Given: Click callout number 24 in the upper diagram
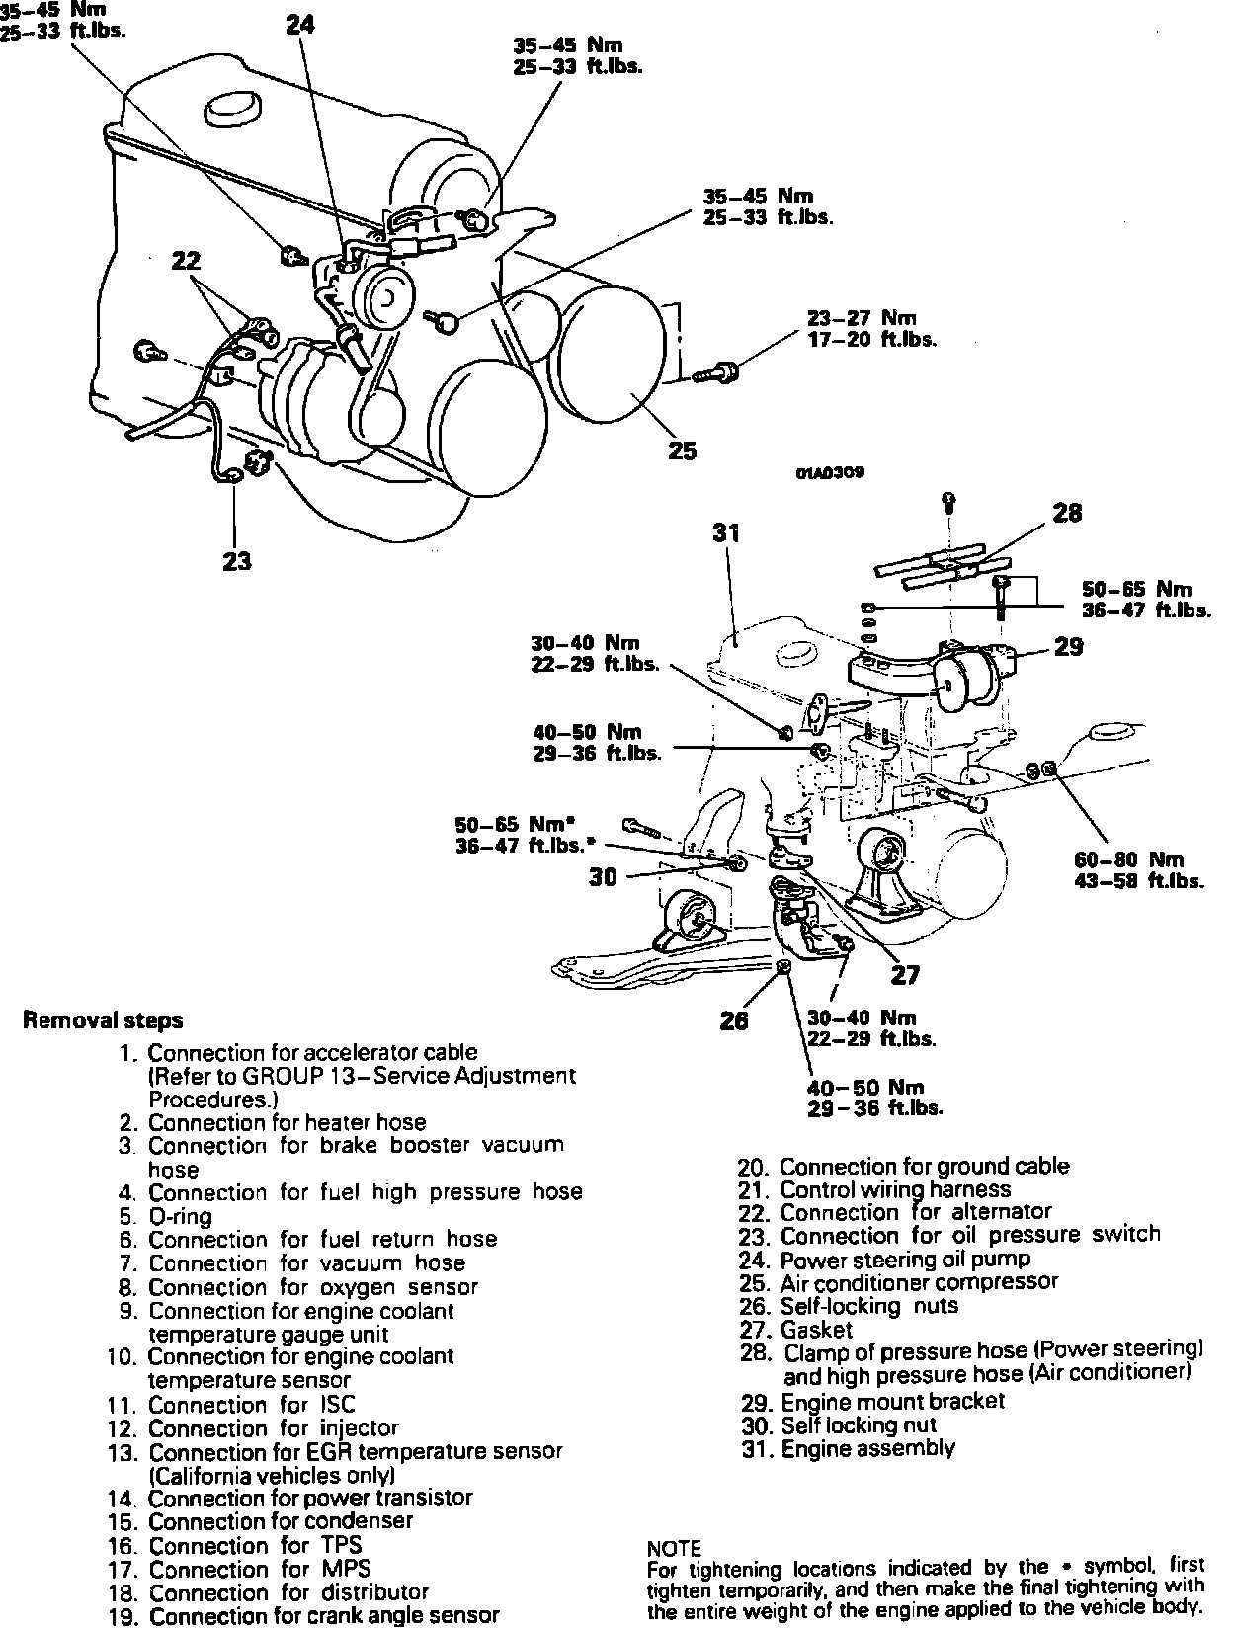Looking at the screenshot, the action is tap(300, 26).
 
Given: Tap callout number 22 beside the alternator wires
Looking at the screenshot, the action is tap(186, 261).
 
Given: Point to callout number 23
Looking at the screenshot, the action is tap(236, 561).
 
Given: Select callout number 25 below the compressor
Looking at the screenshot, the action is tap(682, 450).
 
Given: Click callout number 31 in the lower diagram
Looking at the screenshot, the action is tap(726, 532).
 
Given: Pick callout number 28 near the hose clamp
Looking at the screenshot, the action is tap(1067, 513).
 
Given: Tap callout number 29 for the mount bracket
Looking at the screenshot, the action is tap(1068, 647).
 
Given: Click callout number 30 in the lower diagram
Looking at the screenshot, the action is tap(603, 877).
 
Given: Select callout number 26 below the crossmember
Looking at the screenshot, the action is tap(734, 1021).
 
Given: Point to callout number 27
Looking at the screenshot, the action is tap(905, 975).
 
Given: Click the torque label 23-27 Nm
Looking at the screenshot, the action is tap(862, 318).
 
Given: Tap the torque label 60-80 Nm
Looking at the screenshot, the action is tap(1129, 859).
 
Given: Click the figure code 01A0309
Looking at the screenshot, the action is tap(830, 472).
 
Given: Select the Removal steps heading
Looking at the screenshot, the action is tap(103, 1020).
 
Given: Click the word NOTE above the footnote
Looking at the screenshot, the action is tap(674, 1549).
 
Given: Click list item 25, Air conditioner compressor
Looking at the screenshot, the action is tap(899, 1282).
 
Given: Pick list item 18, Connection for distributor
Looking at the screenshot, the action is tap(269, 1592).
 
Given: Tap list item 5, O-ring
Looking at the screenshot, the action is tap(165, 1217).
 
